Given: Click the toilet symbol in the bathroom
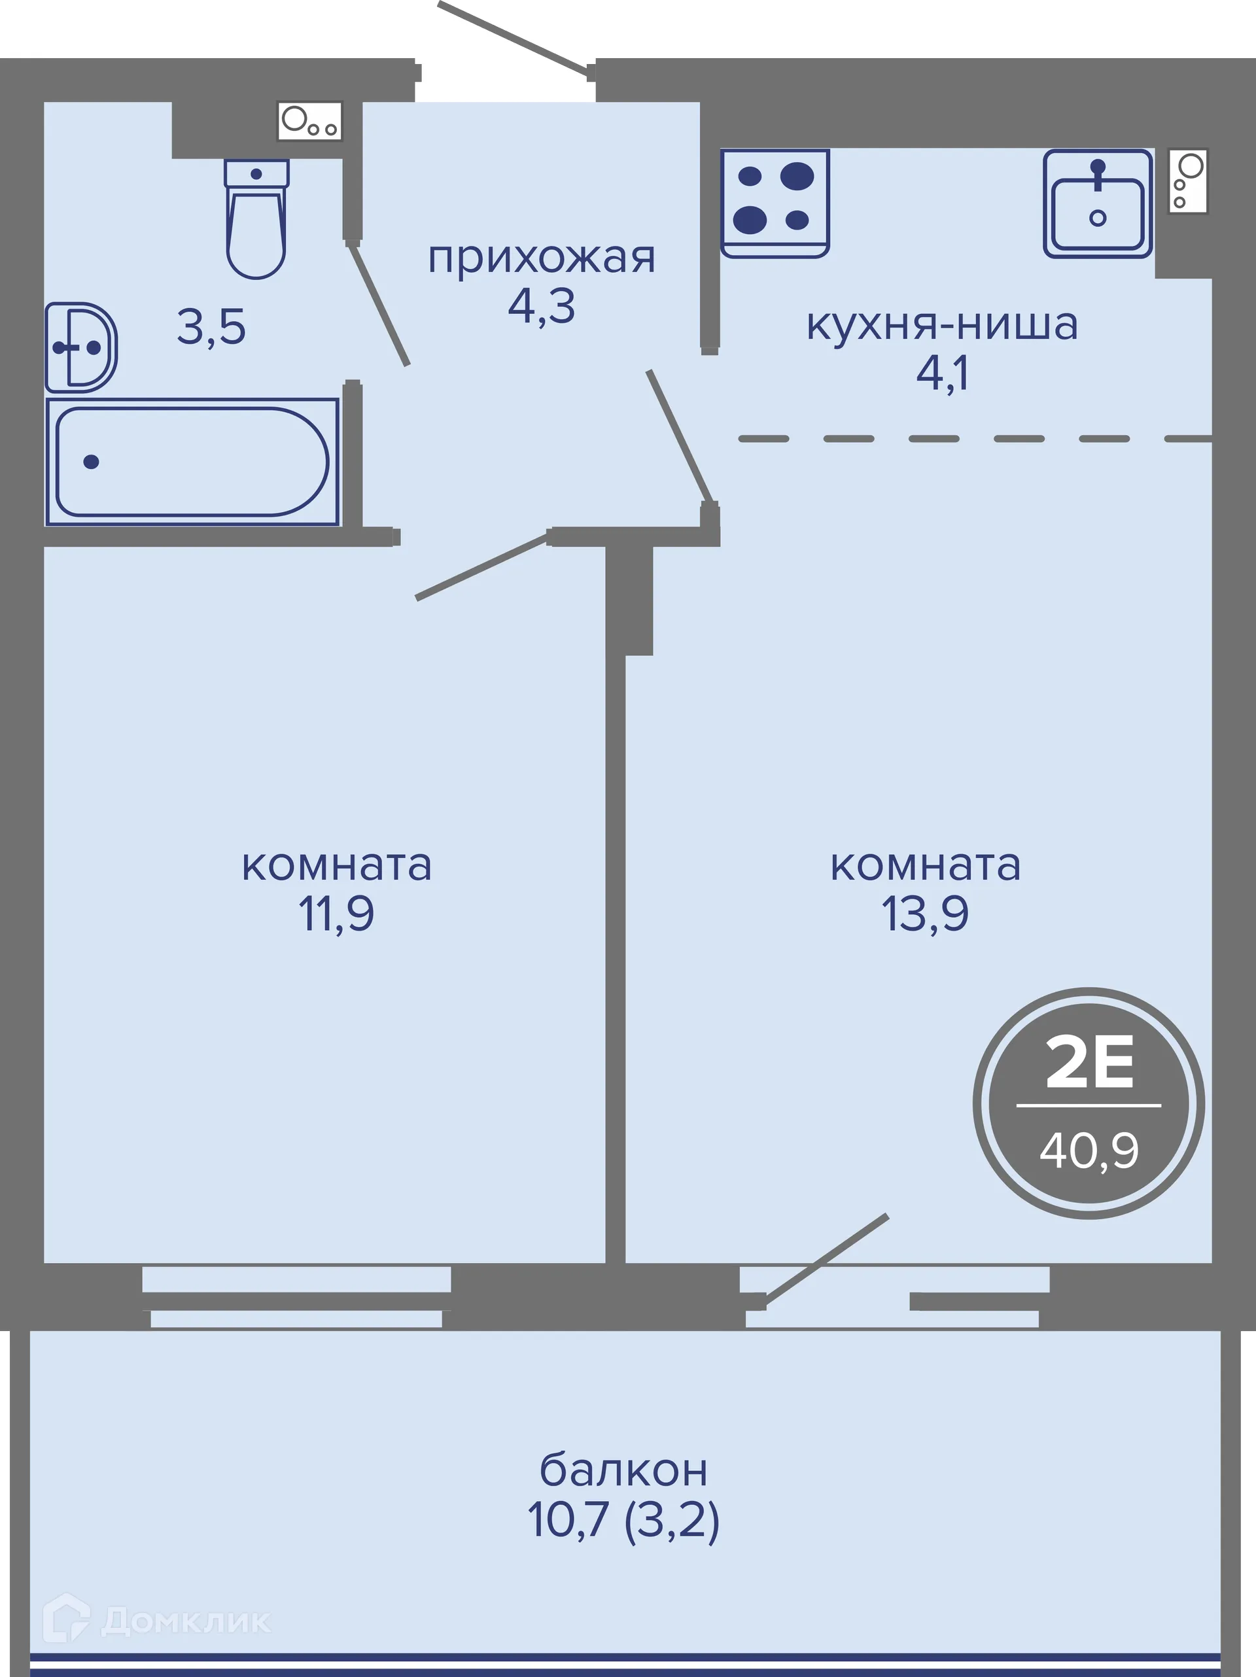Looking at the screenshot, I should (256, 220).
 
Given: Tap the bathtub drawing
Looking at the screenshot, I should (192, 462).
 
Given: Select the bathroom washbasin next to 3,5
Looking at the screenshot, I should (80, 348).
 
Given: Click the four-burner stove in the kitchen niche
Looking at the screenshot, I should (775, 202).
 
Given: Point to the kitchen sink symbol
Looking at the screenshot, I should (1098, 203).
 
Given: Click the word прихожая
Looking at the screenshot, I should (542, 258).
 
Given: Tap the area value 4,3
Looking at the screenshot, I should (542, 306).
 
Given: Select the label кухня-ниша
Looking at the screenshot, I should (941, 324).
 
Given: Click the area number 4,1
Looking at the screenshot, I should (942, 372).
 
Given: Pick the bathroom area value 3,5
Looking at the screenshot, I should (211, 328).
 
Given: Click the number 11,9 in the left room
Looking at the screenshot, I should (336, 913).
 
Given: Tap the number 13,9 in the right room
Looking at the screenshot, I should (924, 913).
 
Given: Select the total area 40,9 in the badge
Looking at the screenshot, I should (1089, 1150).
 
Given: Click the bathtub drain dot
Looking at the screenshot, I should (91, 462).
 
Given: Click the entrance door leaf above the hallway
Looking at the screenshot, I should (514, 38).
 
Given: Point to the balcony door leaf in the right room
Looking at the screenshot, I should (827, 1260).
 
